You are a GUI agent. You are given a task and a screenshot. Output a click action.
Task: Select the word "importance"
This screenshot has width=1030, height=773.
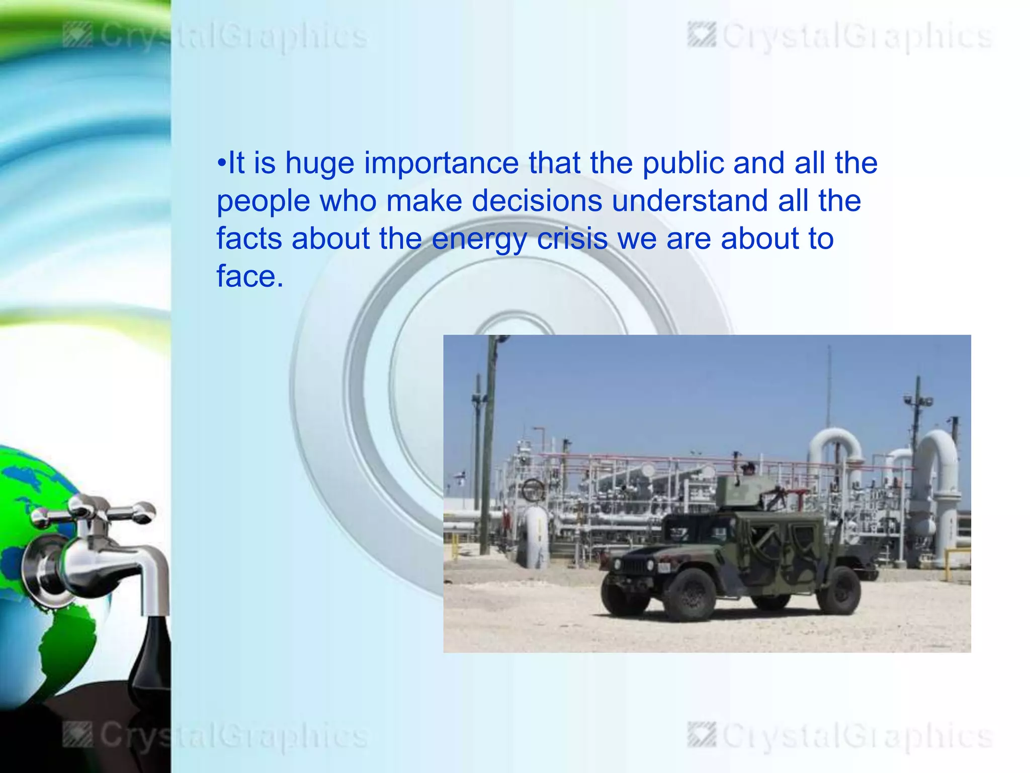point(441,164)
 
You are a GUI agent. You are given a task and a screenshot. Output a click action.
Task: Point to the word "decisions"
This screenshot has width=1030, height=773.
point(536,201)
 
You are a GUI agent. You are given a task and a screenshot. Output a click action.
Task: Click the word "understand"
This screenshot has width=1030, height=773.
point(690,201)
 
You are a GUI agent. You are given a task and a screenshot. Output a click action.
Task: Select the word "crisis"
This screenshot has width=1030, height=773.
point(572,239)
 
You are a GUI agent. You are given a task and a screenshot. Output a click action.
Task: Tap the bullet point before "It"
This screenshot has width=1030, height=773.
point(222,164)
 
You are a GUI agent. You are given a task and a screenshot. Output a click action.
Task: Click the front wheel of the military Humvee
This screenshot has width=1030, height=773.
point(690,595)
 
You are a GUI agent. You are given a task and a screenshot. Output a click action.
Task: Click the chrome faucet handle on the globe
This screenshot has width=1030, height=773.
point(91,511)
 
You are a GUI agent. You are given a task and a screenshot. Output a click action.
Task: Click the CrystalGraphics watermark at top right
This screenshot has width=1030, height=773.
point(840,37)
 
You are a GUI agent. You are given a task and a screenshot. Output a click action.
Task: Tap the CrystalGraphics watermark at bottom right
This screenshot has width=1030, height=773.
point(840,736)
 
